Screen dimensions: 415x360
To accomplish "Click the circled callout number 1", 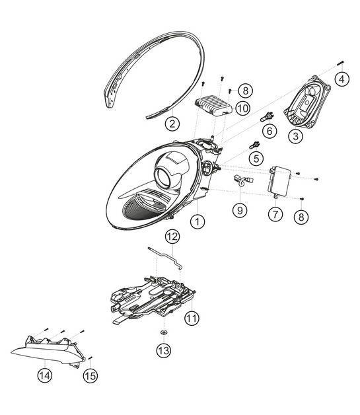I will (x=196, y=223).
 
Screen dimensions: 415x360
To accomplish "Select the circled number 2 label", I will (x=171, y=123).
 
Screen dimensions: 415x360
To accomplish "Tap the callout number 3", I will (x=295, y=136).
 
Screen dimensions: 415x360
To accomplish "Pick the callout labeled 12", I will (x=172, y=236).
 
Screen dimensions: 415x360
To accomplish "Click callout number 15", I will (x=90, y=375).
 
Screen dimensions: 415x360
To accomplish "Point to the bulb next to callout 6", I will (x=268, y=116).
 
